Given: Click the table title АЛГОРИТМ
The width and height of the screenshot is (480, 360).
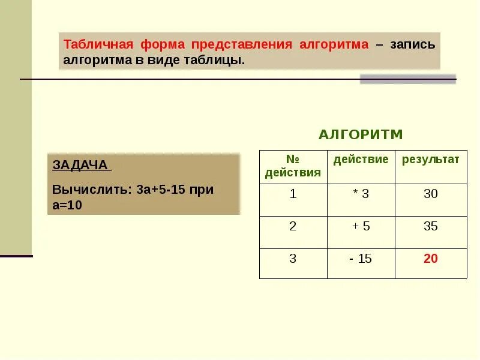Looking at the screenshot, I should pyautogui.click(x=361, y=134).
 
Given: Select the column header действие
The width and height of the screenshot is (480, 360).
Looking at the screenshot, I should pyautogui.click(x=361, y=160).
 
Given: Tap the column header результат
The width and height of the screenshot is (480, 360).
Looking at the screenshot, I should pyautogui.click(x=430, y=160).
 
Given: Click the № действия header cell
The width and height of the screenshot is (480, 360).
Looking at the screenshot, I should pyautogui.click(x=293, y=166).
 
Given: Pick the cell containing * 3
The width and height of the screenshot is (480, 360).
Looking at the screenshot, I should pyautogui.click(x=361, y=194).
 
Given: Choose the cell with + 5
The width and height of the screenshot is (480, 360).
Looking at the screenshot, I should pyautogui.click(x=361, y=226).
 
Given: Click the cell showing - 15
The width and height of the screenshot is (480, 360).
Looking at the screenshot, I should pyautogui.click(x=361, y=259).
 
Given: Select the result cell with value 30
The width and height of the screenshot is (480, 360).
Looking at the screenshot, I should pyautogui.click(x=430, y=194).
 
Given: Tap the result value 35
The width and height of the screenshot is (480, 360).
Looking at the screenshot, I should pyautogui.click(x=430, y=226).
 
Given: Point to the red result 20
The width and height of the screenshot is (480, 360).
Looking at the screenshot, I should pyautogui.click(x=430, y=259).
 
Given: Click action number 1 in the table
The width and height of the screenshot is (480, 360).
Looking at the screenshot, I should pyautogui.click(x=293, y=194).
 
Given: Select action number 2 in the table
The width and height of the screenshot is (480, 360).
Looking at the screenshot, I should pyautogui.click(x=293, y=226).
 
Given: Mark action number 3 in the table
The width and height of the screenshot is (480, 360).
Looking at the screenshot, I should pyautogui.click(x=293, y=259).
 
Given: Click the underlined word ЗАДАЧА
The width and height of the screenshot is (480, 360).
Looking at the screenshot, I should pyautogui.click(x=80, y=165).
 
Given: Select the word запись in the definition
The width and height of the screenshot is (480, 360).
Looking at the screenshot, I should pyautogui.click(x=412, y=45).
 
